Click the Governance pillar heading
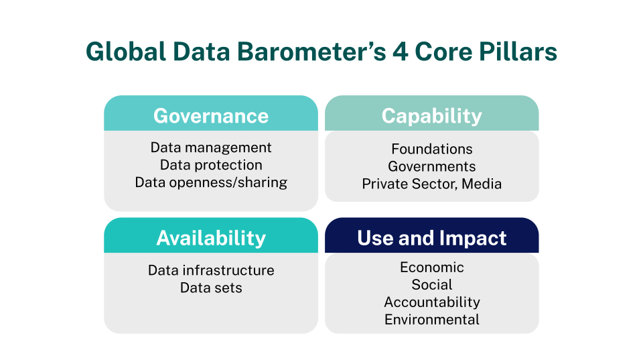pyautogui.click(x=211, y=116)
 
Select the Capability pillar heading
pyautogui.click(x=432, y=116)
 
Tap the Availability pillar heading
pyautogui.click(x=211, y=238)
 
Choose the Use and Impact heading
pyautogui.click(x=432, y=238)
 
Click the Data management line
pyautogui.click(x=211, y=147)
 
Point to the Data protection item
pyautogui.click(x=211, y=165)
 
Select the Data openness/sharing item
pyautogui.click(x=211, y=182)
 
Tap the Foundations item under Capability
pyautogui.click(x=432, y=149)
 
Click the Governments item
pyautogui.click(x=432, y=166)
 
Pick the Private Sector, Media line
pyautogui.click(x=432, y=184)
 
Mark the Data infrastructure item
pyautogui.click(x=211, y=270)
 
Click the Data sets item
pyautogui.click(x=211, y=288)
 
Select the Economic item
pyautogui.click(x=432, y=267)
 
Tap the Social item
pyautogui.click(x=432, y=284)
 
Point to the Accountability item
pyautogui.click(x=432, y=302)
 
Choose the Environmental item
pyautogui.click(x=432, y=319)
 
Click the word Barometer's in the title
pyautogui.click(x=311, y=52)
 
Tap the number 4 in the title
pyautogui.click(x=401, y=52)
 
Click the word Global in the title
pyautogui.click(x=126, y=52)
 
